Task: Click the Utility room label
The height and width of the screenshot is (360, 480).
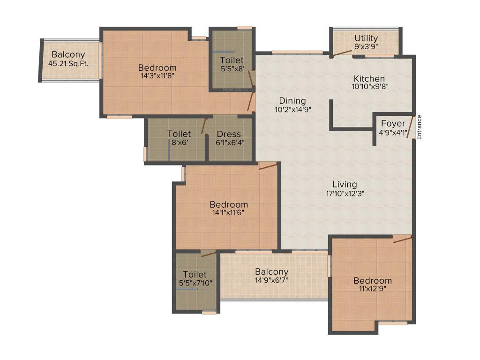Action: pyautogui.click(x=366, y=38)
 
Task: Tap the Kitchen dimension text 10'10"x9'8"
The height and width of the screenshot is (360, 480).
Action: pyautogui.click(x=369, y=86)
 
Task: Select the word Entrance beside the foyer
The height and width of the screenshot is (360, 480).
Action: pyautogui.click(x=420, y=127)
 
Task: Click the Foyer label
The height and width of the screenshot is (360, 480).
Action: pyautogui.click(x=393, y=124)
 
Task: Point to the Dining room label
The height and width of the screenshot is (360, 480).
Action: pyautogui.click(x=292, y=101)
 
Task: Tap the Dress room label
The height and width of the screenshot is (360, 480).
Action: pyautogui.click(x=229, y=134)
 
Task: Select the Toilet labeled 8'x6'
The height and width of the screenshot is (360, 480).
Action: pyautogui.click(x=179, y=138)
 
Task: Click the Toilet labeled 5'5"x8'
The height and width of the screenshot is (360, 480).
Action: pyautogui.click(x=232, y=64)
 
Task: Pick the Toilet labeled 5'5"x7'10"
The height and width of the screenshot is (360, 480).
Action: pyautogui.click(x=195, y=278)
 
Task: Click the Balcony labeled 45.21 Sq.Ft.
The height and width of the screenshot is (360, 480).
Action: pyautogui.click(x=68, y=59)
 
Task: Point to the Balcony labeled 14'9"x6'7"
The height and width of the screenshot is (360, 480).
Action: pyautogui.click(x=272, y=276)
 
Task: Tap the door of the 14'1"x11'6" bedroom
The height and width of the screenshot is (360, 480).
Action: pyautogui.click(x=268, y=166)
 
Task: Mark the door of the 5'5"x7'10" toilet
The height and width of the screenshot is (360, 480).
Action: pyautogui.click(x=209, y=254)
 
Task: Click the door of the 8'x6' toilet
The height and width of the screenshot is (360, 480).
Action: pyautogui.click(x=204, y=126)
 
